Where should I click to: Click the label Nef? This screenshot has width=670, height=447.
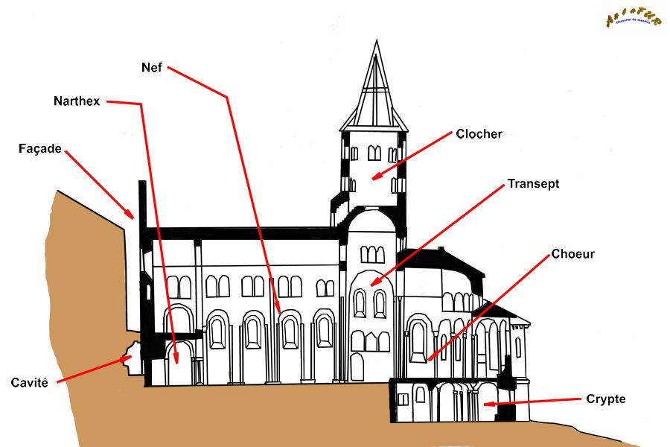pos(151,67)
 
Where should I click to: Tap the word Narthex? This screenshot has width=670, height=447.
pos(76,101)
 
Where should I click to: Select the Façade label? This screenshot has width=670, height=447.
pos(39,148)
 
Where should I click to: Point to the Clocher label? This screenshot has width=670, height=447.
pos(479,134)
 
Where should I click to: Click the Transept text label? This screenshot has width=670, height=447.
pos(533,183)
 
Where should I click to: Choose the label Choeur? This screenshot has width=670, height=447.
pos(572,254)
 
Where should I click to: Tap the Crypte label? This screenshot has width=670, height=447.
pos(606,399)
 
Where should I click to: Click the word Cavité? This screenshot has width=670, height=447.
pos(30,383)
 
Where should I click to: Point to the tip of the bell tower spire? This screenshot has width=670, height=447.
pos(374,40)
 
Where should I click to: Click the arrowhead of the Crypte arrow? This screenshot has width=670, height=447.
pos(485,405)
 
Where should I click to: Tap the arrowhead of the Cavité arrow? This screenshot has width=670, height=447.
pos(127,358)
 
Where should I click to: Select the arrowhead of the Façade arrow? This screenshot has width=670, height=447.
pos(133,218)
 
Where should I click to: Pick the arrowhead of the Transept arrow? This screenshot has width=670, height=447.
pos(372,285)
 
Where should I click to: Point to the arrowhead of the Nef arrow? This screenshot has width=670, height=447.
pos(279,312)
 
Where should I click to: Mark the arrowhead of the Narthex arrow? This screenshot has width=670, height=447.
pos(176,362)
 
